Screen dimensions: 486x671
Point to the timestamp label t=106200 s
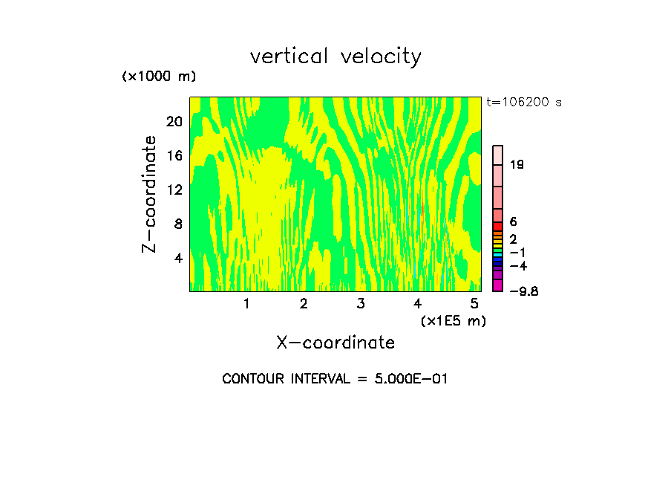point(524,103)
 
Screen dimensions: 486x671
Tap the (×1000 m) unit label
point(159,77)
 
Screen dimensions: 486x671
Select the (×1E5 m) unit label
point(453,320)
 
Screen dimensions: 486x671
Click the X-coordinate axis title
point(335,343)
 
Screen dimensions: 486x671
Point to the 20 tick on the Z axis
point(174,122)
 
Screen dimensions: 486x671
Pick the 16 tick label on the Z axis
point(174,156)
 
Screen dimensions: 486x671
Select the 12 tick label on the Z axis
point(174,189)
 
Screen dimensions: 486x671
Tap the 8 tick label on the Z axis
point(178,224)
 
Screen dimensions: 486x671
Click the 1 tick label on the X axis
point(246,304)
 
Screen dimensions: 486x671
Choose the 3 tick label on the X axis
point(361,304)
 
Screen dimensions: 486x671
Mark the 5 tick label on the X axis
point(474,304)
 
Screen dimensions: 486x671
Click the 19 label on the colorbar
point(517,165)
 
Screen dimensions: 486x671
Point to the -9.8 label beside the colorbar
point(524,291)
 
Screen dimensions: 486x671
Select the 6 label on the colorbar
point(514,222)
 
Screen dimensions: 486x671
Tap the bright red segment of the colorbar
point(498,226)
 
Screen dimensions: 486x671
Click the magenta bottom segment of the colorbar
point(498,285)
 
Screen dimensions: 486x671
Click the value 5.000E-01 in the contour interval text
point(404,379)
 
